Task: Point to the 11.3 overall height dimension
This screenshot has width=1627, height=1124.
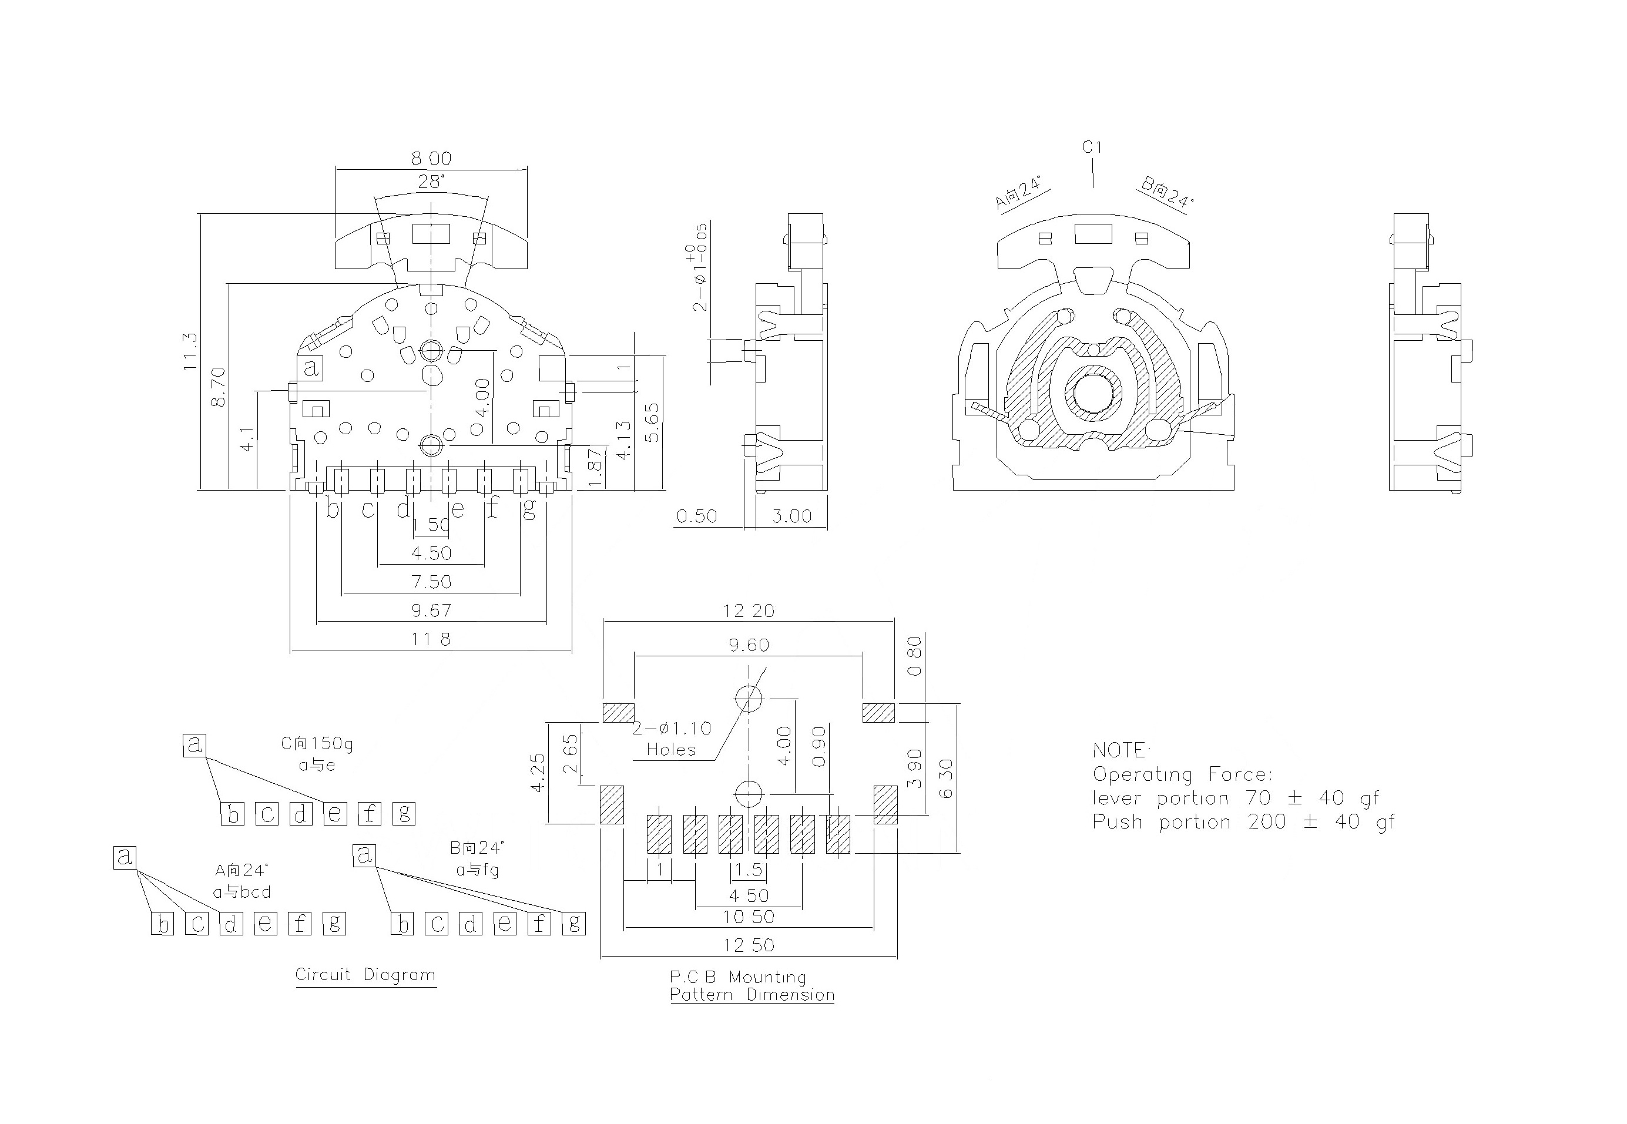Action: click(191, 351)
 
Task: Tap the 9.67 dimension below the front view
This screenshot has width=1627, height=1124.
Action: click(431, 610)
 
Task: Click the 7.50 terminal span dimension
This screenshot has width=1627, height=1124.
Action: click(431, 582)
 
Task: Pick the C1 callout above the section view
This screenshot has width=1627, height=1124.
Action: click(1092, 147)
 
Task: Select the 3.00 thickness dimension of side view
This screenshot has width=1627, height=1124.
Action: click(791, 516)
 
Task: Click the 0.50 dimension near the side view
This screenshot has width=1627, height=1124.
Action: click(697, 516)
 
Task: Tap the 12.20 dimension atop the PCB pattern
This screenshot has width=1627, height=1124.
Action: click(748, 610)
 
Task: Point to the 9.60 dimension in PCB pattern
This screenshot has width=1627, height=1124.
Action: click(749, 645)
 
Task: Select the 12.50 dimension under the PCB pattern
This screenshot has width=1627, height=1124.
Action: click(749, 945)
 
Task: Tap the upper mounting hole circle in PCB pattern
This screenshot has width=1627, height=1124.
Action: click(749, 699)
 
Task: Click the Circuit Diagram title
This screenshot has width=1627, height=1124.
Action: click(365, 975)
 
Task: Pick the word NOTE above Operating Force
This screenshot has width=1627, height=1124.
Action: click(1119, 750)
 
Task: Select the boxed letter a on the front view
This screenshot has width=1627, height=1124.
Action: click(311, 368)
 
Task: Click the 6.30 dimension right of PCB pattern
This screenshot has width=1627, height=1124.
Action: click(946, 778)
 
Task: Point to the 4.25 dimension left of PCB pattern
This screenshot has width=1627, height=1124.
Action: click(538, 773)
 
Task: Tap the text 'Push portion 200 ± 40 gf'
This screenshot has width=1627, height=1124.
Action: click(1243, 822)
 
